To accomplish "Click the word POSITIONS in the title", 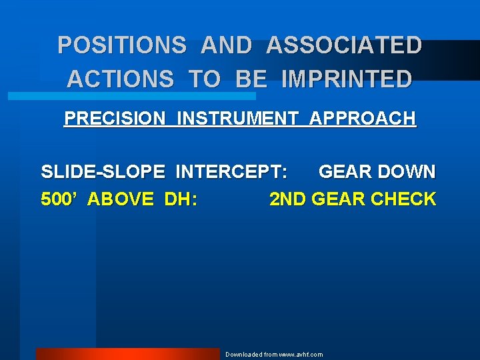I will click(x=121, y=45).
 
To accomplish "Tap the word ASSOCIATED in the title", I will click(x=344, y=45).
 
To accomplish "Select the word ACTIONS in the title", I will click(x=120, y=79).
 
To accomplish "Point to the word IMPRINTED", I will click(x=347, y=79).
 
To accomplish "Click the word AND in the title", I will click(x=226, y=45).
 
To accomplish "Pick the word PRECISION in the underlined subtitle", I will click(x=114, y=119).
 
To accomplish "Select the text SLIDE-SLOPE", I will click(x=103, y=172).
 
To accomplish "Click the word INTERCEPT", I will click(x=232, y=172).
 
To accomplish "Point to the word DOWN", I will click(x=406, y=172).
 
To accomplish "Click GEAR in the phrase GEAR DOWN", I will click(x=345, y=172).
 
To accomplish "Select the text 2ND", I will click(x=285, y=199).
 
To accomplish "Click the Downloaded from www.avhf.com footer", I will click(x=273, y=354).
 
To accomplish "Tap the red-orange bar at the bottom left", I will click(x=127, y=354).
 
